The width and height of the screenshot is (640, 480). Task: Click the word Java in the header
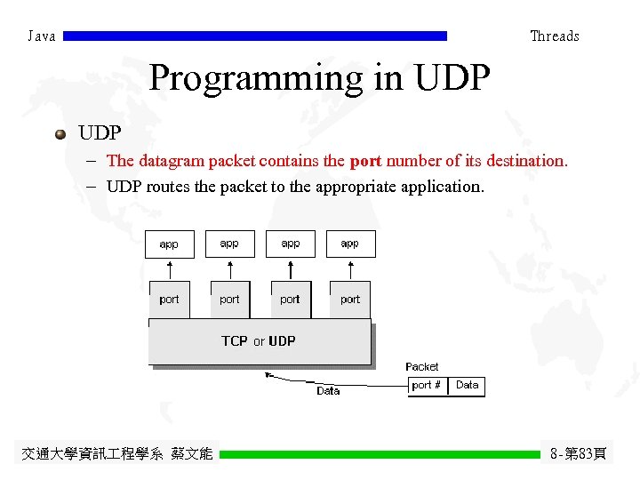pos(42,36)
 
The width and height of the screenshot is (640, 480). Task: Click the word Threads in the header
pos(554,36)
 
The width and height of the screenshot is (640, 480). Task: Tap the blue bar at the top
pos(255,36)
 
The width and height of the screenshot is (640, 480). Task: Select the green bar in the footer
pos(380,454)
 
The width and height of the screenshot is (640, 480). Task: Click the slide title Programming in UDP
pos(319,78)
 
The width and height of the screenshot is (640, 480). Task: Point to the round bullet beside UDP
pos(60,134)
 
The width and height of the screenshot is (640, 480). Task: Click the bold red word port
pos(365,162)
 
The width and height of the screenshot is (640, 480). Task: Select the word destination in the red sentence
pos(524,162)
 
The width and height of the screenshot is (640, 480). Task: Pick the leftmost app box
pos(169,244)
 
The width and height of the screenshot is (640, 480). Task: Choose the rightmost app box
pos(350,244)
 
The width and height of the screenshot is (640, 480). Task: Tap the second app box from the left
pos(229,244)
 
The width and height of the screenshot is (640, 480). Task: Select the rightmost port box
pos(350,300)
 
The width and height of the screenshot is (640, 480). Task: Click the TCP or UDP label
pos(259,341)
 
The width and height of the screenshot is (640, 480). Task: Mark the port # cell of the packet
pos(428,386)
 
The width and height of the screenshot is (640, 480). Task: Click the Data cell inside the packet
pos(467,386)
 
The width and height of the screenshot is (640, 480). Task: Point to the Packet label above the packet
pos(422,367)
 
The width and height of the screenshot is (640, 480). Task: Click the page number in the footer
pos(579,454)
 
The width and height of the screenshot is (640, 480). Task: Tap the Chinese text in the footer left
pos(116,454)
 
